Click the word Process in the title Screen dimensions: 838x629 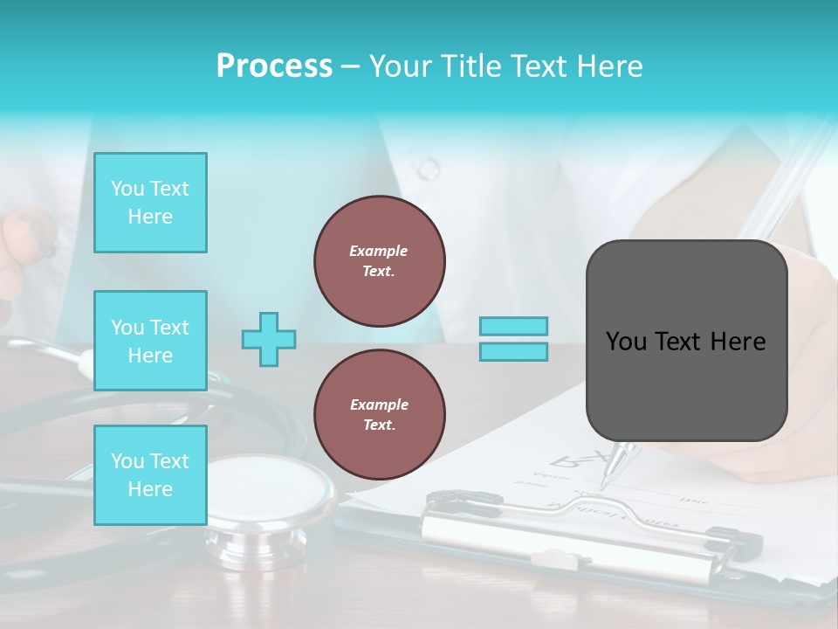pos(274,66)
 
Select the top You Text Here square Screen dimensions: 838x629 pos(150,203)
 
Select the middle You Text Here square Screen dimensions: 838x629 pos(150,341)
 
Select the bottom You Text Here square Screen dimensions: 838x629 pos(150,475)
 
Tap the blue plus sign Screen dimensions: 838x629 pos(269,339)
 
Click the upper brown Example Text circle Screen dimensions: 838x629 pos(380,260)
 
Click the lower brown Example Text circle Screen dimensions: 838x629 pos(380,414)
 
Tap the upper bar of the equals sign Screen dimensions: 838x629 pos(514,326)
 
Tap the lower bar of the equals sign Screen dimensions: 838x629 pos(514,351)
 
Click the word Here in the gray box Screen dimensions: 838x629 pos(738,342)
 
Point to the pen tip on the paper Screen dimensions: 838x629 pos(604,483)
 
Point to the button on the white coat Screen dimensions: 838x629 pos(429,168)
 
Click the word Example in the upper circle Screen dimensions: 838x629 pos(379,251)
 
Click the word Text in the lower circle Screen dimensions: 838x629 pos(379,425)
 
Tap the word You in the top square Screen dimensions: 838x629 pos(127,189)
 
